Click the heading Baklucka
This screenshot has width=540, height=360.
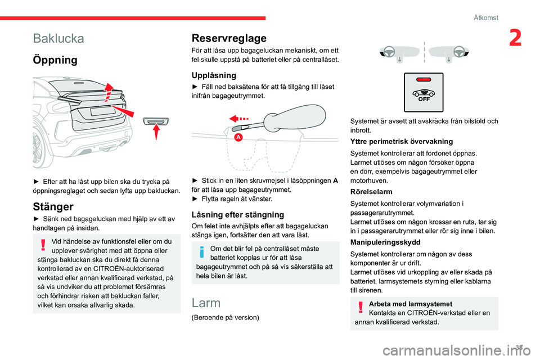58,38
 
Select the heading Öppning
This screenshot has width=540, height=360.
55,60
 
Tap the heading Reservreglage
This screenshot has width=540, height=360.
229,38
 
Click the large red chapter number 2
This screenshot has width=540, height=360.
515,38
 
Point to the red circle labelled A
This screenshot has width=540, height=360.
238,137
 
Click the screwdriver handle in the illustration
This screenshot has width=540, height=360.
295,118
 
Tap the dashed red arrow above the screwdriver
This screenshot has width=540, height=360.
238,119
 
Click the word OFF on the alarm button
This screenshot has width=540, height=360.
424,99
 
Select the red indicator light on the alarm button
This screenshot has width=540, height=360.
424,79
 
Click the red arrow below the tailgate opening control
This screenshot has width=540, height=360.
156,132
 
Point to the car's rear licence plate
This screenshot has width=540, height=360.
102,111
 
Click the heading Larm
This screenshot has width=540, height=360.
206,303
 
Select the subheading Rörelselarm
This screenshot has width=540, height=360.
371,192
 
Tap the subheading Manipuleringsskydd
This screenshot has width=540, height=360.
385,242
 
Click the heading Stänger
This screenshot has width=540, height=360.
53,206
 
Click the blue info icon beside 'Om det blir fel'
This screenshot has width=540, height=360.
202,252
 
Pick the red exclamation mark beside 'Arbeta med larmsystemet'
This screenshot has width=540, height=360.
361,307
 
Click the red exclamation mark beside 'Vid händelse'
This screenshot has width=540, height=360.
43,244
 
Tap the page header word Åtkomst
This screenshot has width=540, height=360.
486,18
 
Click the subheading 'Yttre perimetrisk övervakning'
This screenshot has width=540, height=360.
402,142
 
